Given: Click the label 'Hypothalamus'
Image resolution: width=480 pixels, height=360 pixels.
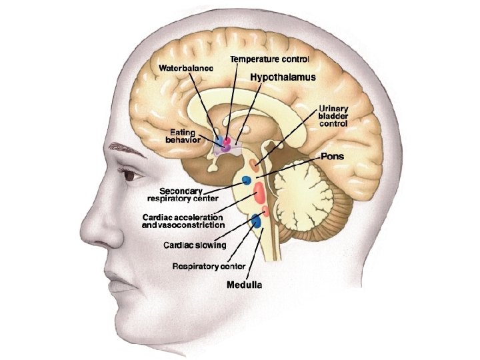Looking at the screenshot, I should pos(283,77).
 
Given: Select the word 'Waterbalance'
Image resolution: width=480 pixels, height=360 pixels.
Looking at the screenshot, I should pos(185,68).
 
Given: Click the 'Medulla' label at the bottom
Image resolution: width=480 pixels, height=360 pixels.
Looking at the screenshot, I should pos(243,285).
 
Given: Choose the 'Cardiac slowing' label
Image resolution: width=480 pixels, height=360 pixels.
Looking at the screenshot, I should pos(195,245).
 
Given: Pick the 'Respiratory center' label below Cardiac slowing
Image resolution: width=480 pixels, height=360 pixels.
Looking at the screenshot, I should pos(209,267).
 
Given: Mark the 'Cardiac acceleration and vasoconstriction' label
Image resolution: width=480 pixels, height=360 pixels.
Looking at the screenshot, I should pos(183,221).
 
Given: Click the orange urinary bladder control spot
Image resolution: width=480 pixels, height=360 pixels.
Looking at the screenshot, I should pos(254,163).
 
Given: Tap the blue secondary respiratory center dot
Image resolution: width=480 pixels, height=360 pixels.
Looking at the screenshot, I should pos(247,180).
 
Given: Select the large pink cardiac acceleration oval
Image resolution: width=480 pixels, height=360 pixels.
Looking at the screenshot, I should pos(259,195).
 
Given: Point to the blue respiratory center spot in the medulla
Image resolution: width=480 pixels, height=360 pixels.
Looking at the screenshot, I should pos(256,221).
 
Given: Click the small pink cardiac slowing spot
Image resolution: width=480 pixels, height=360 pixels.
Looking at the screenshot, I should pos(265,211).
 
